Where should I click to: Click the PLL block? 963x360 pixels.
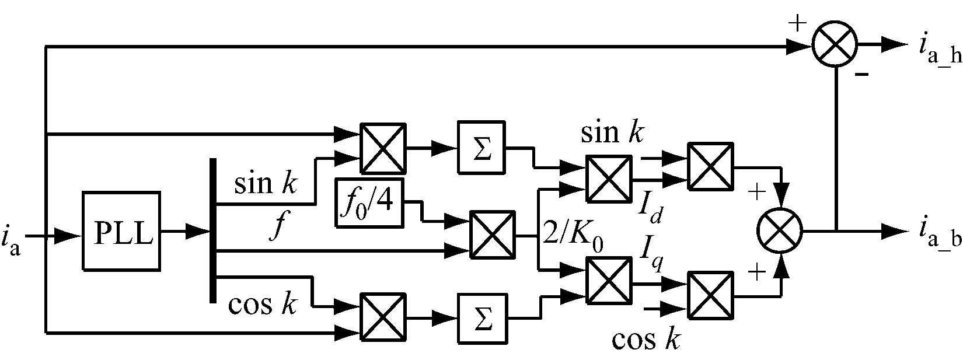click(x=121, y=230)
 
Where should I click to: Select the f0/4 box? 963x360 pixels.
click(x=369, y=204)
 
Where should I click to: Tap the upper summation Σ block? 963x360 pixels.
click(x=482, y=148)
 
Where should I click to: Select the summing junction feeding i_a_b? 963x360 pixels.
click(x=780, y=230)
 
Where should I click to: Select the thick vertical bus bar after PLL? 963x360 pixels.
click(x=212, y=230)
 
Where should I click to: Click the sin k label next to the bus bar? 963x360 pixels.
click(x=266, y=183)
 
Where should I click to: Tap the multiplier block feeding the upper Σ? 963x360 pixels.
click(x=383, y=148)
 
